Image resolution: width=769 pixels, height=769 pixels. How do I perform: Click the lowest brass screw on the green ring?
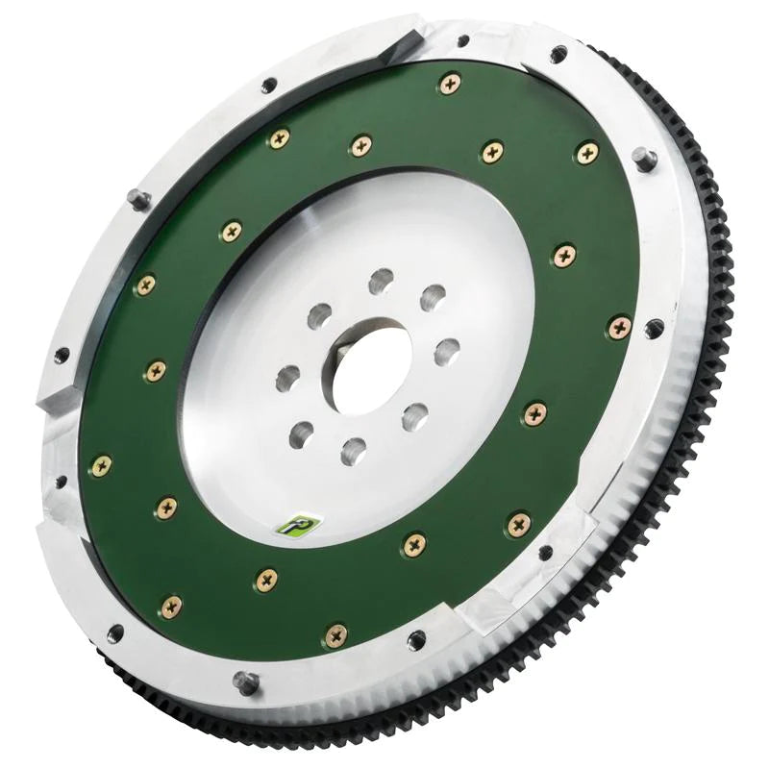[x=335, y=634]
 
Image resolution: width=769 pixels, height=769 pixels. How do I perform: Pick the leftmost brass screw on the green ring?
[x=101, y=466]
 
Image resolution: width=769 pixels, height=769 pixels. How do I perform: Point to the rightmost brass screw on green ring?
[x=620, y=327]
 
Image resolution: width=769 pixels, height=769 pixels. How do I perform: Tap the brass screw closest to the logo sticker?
[x=266, y=578]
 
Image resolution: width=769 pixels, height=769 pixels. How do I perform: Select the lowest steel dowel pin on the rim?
[x=247, y=683]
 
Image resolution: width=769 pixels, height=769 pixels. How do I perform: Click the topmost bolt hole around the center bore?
[x=382, y=281]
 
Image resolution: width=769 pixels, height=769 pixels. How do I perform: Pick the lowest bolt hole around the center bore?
[x=354, y=448]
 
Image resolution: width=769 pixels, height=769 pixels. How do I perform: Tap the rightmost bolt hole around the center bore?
[x=446, y=352]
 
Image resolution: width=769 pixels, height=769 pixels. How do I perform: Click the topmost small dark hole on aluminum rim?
[x=462, y=41]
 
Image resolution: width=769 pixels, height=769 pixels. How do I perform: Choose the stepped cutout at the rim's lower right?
[x=577, y=524]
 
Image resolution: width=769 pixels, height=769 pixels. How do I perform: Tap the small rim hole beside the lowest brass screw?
[x=415, y=639]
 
